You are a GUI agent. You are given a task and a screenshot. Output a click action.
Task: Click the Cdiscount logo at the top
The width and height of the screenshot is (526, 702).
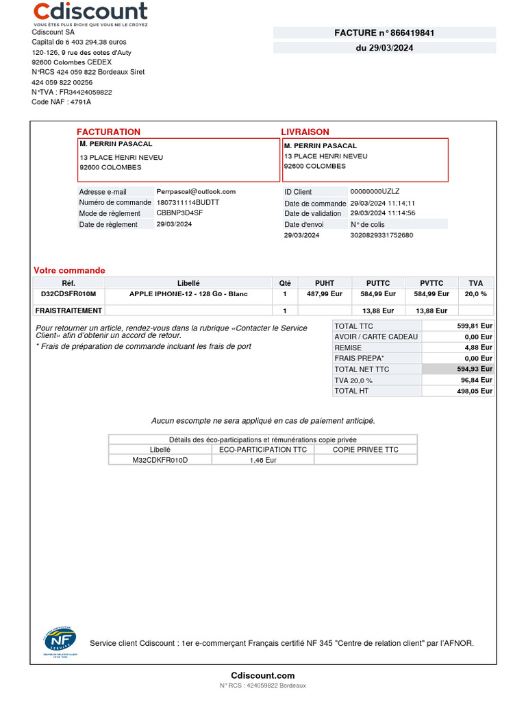point(90,12)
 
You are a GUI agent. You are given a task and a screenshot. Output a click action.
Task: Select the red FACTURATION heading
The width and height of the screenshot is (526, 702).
point(108,132)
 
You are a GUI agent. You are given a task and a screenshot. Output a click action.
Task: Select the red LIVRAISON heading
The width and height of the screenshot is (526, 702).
point(305,132)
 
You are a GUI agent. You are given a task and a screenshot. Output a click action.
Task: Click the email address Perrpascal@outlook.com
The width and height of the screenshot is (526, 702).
point(196,192)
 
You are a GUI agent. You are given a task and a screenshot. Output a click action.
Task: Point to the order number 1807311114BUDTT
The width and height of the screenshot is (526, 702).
point(188,203)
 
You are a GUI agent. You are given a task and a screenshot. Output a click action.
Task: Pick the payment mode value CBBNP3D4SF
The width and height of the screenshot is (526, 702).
point(179,213)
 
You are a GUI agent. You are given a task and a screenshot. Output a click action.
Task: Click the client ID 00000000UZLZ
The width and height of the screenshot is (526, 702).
point(375,192)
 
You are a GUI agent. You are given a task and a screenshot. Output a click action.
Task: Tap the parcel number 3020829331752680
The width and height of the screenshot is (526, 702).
point(381,235)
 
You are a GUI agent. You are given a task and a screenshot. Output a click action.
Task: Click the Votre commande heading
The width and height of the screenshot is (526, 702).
point(69,271)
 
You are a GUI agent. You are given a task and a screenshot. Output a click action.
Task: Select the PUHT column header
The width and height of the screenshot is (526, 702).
point(325,283)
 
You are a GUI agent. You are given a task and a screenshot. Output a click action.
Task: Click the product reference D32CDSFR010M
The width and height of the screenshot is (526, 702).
point(68,294)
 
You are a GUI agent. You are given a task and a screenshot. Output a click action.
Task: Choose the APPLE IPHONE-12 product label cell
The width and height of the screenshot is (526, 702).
point(188,294)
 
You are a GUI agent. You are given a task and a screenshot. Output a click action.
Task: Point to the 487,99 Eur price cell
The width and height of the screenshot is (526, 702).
point(325,294)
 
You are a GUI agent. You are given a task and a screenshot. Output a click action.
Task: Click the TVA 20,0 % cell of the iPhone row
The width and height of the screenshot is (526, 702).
point(476,294)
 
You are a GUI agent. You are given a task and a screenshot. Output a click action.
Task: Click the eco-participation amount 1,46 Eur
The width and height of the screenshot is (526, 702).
point(263,461)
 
